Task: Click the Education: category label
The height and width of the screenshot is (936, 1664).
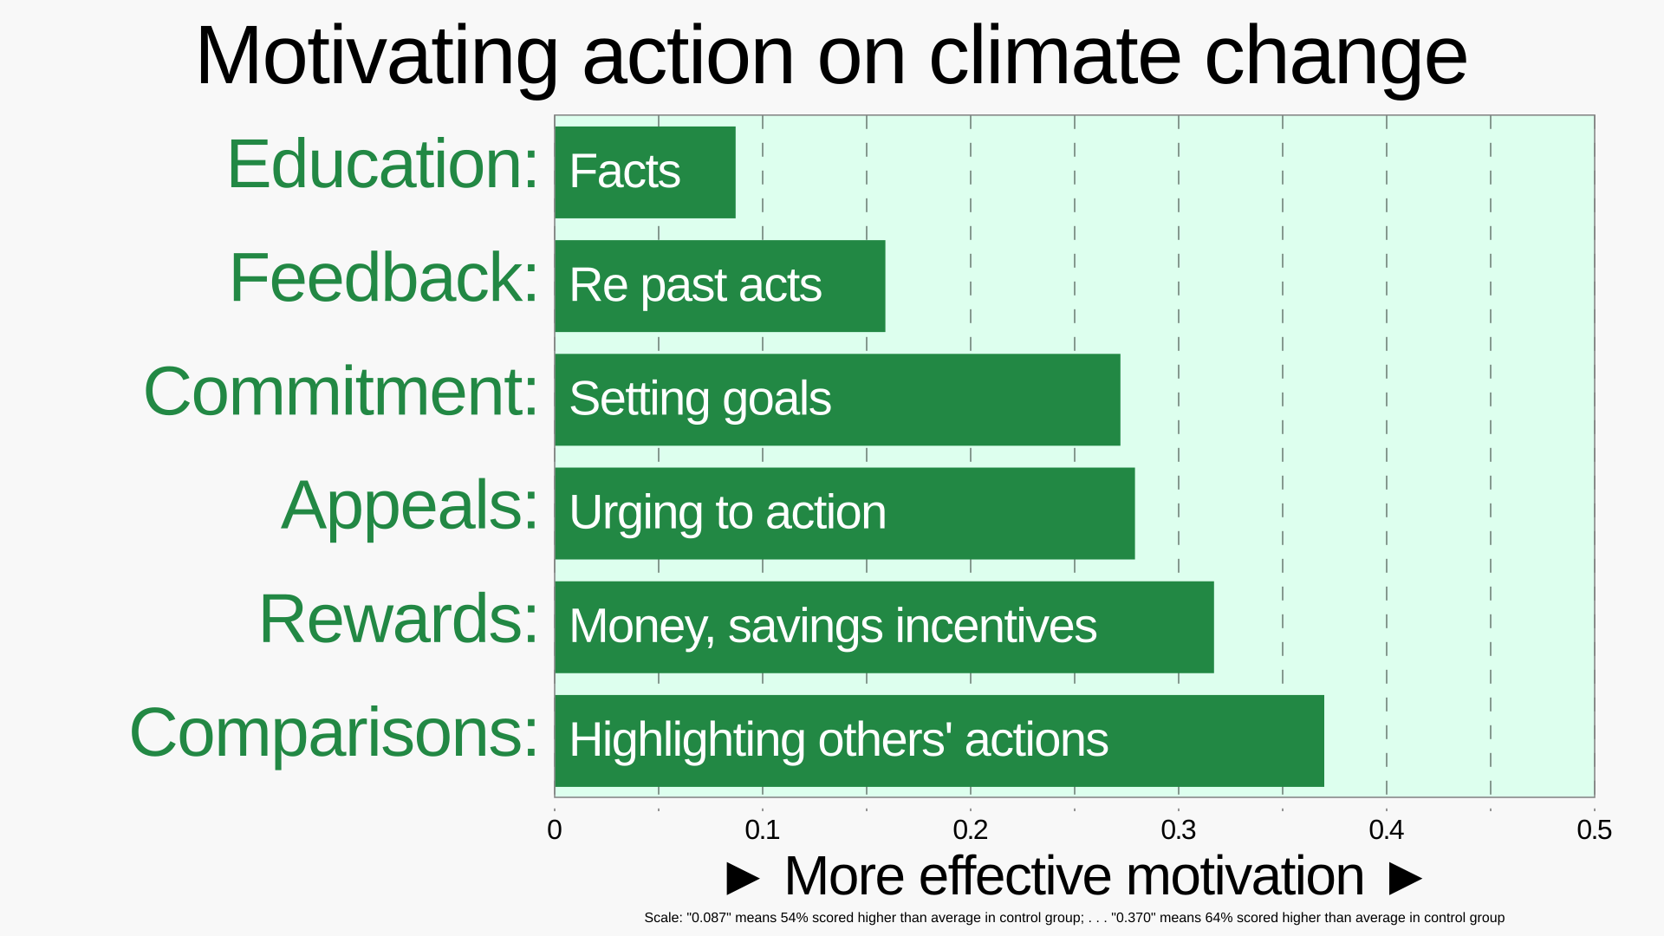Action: point(383,164)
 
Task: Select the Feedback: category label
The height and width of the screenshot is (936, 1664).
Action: point(384,277)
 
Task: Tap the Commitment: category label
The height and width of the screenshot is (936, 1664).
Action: point(341,392)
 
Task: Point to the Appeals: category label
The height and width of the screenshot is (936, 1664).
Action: point(410,506)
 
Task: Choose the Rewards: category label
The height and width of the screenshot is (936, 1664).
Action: point(399,619)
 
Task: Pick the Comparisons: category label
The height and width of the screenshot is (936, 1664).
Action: point(335,733)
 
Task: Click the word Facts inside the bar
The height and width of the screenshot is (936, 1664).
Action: point(625,171)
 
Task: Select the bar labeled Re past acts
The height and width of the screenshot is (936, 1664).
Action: point(720,286)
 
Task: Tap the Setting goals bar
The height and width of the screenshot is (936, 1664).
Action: point(838,400)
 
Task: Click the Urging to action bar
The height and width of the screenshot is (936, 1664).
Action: point(845,513)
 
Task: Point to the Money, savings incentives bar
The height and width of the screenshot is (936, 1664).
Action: point(885,627)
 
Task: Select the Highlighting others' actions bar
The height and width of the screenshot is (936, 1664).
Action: point(939,741)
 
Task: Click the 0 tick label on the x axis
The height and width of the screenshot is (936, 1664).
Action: point(555,830)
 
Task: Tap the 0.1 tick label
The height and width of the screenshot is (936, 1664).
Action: point(763,830)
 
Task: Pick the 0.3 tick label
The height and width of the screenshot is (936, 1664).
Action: point(1179,830)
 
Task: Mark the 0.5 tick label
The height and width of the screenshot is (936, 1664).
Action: point(1595,830)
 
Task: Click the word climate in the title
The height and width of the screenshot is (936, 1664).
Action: point(1055,56)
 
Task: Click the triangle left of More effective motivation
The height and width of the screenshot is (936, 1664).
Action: point(743,878)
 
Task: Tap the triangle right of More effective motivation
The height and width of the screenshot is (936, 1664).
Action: point(1406,878)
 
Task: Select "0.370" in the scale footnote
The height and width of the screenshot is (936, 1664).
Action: point(1134,917)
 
